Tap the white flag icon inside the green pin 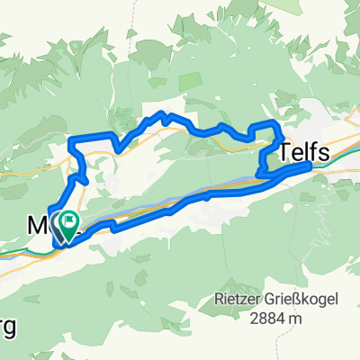click(x=70, y=219)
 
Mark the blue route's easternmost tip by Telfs click(x=310, y=165)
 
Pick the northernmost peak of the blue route click(x=163, y=113)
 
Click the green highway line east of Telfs click(x=346, y=148)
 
